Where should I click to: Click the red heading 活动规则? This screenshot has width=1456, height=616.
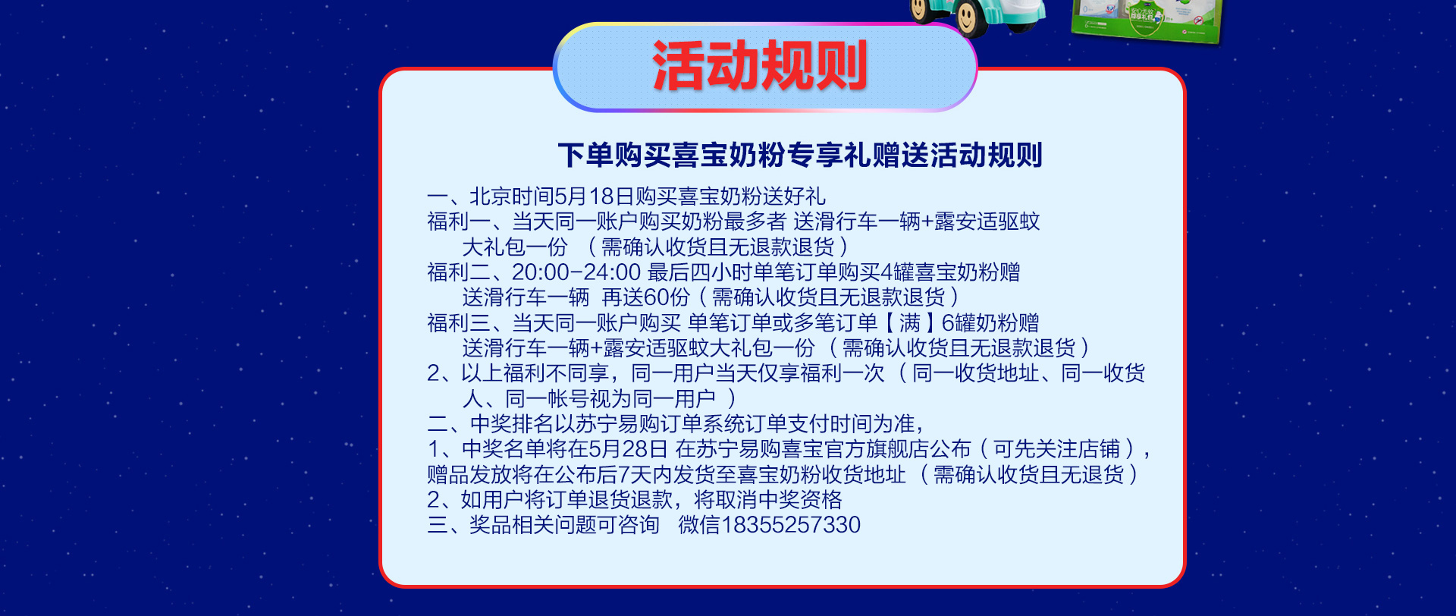click(x=760, y=66)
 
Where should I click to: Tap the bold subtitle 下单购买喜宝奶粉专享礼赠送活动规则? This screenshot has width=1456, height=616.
click(x=800, y=155)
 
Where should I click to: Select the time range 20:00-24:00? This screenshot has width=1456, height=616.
click(x=576, y=272)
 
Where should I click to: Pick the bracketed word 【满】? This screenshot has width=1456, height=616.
click(x=909, y=322)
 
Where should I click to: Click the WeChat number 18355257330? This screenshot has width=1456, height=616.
click(x=791, y=524)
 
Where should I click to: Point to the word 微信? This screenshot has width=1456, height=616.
click(x=699, y=524)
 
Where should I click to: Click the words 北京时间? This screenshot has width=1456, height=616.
click(x=512, y=196)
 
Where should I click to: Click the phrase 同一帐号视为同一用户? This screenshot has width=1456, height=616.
click(x=610, y=398)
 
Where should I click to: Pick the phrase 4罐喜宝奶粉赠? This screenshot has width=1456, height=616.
click(x=951, y=272)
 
